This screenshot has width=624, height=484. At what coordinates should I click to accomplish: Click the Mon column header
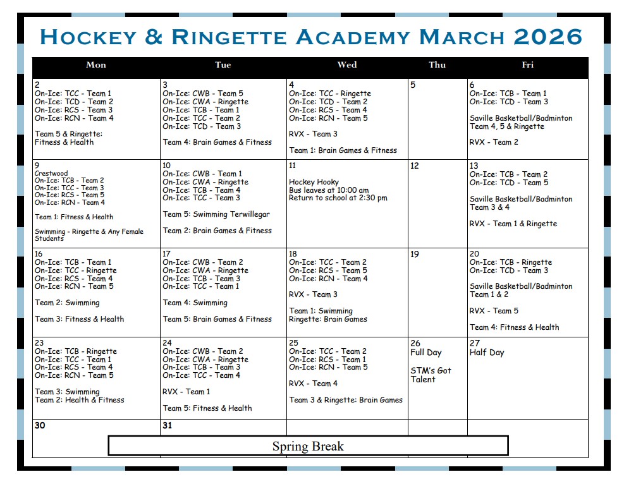(96, 64)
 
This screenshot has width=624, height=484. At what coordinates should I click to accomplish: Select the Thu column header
(437, 64)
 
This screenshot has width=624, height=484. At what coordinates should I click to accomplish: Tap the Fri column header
(528, 64)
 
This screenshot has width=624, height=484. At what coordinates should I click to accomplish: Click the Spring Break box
(308, 446)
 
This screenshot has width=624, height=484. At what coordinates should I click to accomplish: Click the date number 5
(413, 85)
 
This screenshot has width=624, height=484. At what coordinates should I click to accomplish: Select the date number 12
(415, 166)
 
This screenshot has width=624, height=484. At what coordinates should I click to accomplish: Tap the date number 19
(415, 255)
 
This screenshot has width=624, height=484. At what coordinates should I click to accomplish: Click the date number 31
(168, 426)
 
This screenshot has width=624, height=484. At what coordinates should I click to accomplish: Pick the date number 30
(40, 426)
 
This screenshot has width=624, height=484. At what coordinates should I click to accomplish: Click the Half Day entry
(487, 353)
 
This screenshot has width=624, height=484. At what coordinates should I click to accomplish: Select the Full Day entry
(425, 353)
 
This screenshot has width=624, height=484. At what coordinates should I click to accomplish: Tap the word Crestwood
(51, 173)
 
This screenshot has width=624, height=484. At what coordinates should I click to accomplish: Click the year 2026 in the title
(548, 37)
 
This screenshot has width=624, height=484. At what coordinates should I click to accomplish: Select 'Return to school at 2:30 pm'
(338, 198)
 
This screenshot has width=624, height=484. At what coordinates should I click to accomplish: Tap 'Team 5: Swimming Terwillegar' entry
(216, 214)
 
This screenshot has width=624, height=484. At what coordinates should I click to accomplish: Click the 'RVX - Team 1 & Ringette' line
(513, 224)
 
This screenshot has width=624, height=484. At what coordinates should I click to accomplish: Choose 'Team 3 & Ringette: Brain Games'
(346, 400)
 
